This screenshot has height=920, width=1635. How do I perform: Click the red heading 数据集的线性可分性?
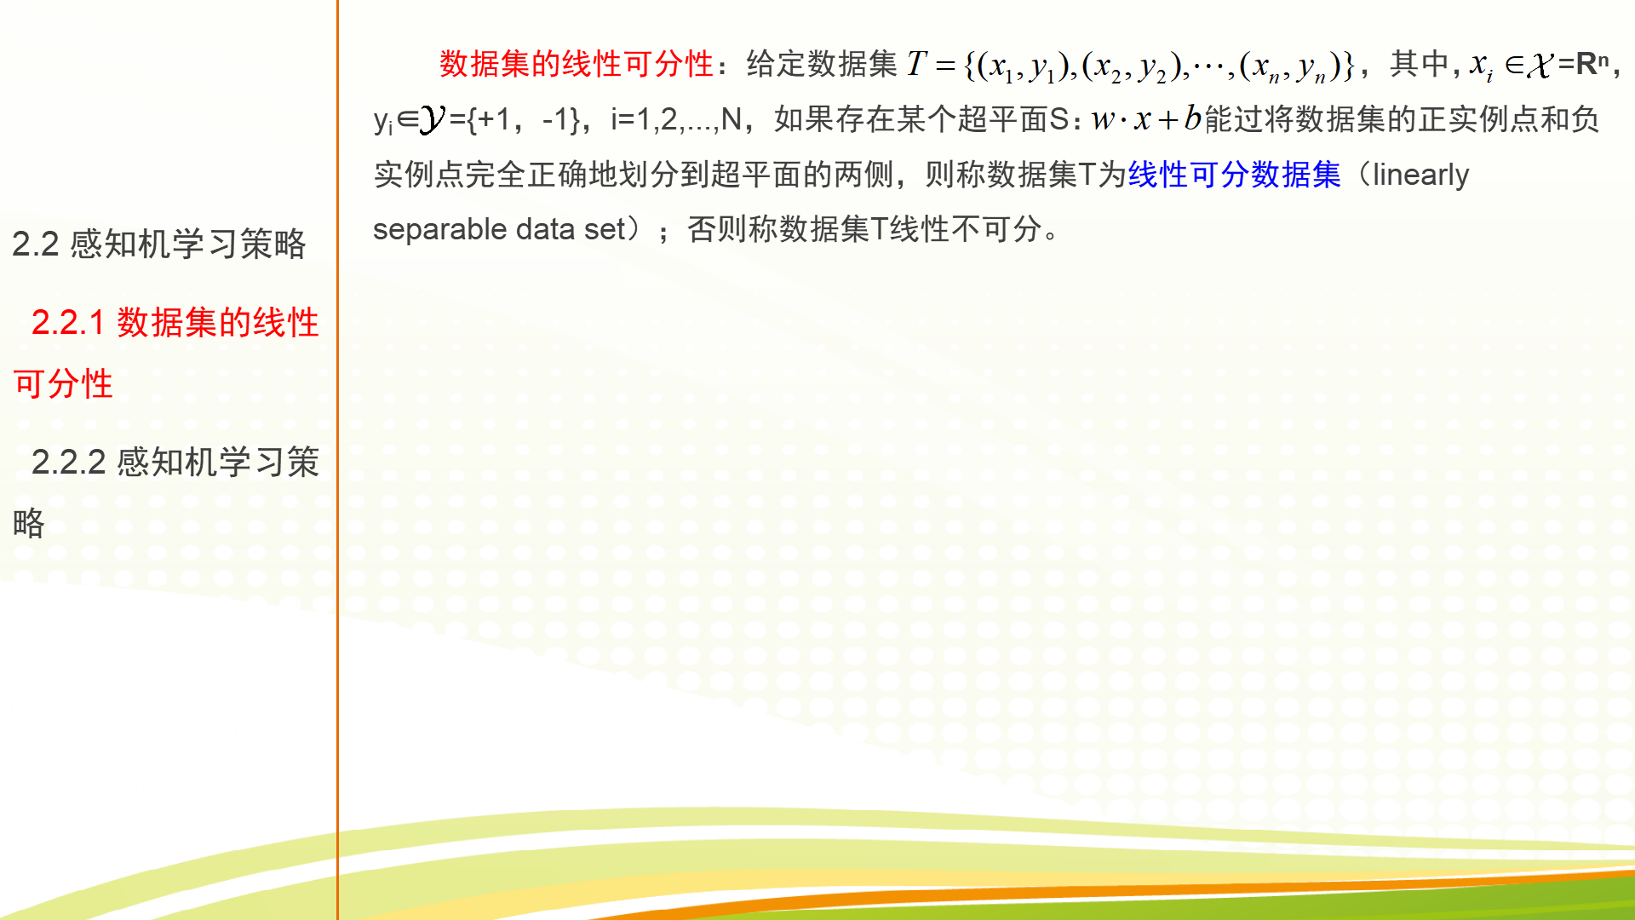(x=576, y=64)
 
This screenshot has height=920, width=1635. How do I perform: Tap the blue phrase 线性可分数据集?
(x=1234, y=175)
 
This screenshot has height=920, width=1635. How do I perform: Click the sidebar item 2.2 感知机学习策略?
(x=159, y=244)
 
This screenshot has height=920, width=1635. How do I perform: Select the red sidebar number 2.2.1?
(x=68, y=323)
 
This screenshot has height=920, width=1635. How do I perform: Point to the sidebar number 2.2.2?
(x=68, y=463)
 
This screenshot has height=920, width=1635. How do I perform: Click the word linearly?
(x=1420, y=175)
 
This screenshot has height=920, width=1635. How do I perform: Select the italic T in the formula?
(x=916, y=63)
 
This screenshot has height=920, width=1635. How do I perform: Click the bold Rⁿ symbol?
(x=1592, y=63)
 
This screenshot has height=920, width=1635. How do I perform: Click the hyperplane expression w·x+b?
(x=1146, y=118)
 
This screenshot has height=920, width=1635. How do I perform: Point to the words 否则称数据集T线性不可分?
(x=864, y=229)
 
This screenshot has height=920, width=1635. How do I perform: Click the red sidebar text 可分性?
(x=63, y=384)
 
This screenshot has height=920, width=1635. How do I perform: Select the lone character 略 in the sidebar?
(x=29, y=523)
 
